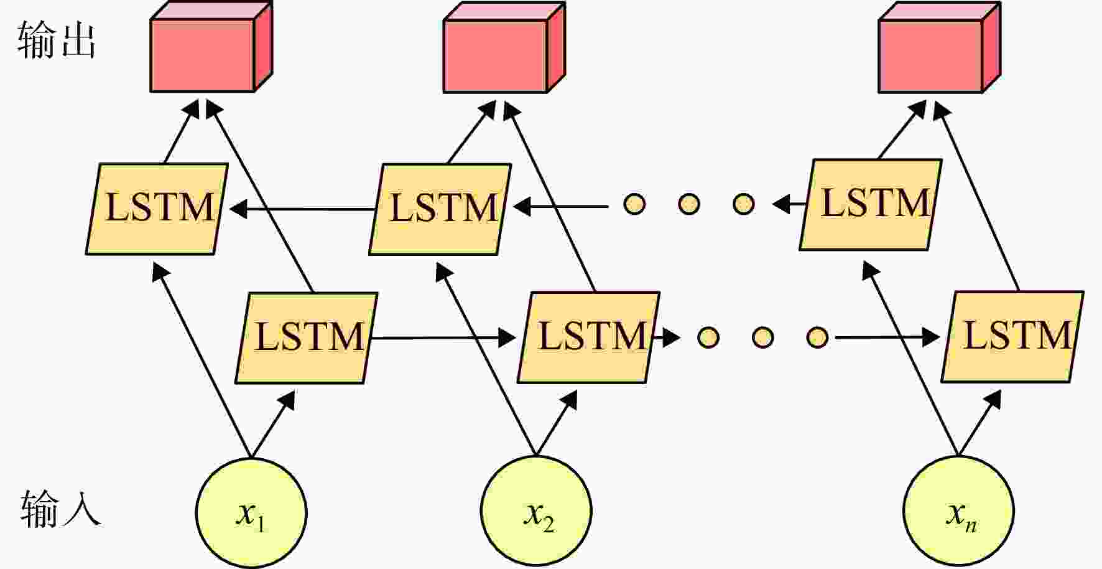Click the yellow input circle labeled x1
point(251,512)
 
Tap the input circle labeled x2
point(537,511)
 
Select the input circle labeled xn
point(958,511)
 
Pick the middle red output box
point(504,47)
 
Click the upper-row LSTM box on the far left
point(157,209)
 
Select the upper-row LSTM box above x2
point(440,209)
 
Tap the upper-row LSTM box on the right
point(871,205)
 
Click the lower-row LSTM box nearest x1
point(307,338)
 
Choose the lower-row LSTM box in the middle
point(589,337)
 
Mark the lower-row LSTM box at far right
point(1012,337)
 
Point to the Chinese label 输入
point(60,508)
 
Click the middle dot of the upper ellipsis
point(689,204)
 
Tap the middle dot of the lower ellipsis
point(762,337)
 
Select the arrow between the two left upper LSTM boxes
point(302,209)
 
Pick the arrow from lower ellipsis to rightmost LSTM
point(887,337)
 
